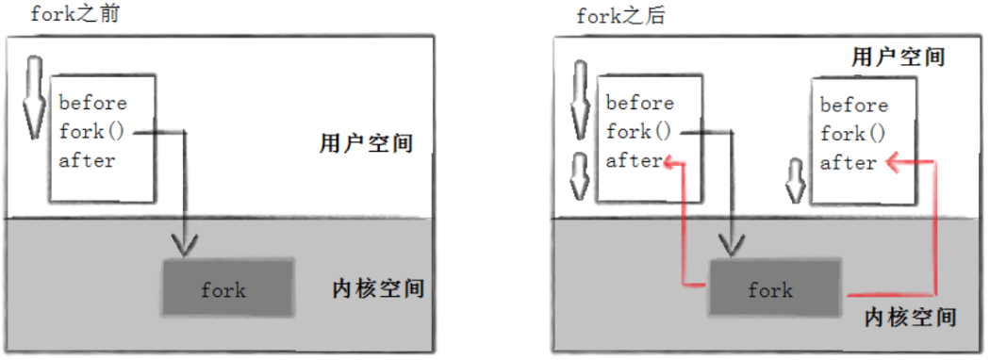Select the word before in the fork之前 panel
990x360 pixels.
(92, 103)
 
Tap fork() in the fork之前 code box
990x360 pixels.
(91, 131)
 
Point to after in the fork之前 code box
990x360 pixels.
(87, 160)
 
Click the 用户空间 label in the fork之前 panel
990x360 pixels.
(366, 144)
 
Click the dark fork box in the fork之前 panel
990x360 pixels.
(226, 288)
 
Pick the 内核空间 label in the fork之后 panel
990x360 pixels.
(911, 315)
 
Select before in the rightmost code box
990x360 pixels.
(853, 105)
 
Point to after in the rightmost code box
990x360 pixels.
(849, 162)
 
